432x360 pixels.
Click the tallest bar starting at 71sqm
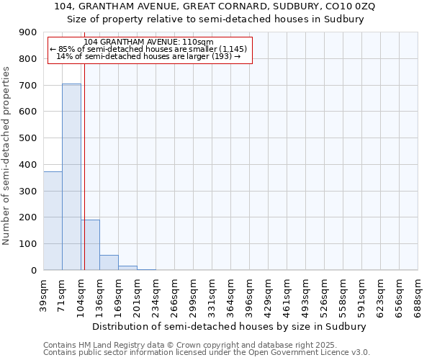(71, 176)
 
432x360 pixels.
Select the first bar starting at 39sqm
(53, 220)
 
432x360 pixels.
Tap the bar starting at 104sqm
(90, 245)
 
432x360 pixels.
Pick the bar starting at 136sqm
(109, 263)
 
